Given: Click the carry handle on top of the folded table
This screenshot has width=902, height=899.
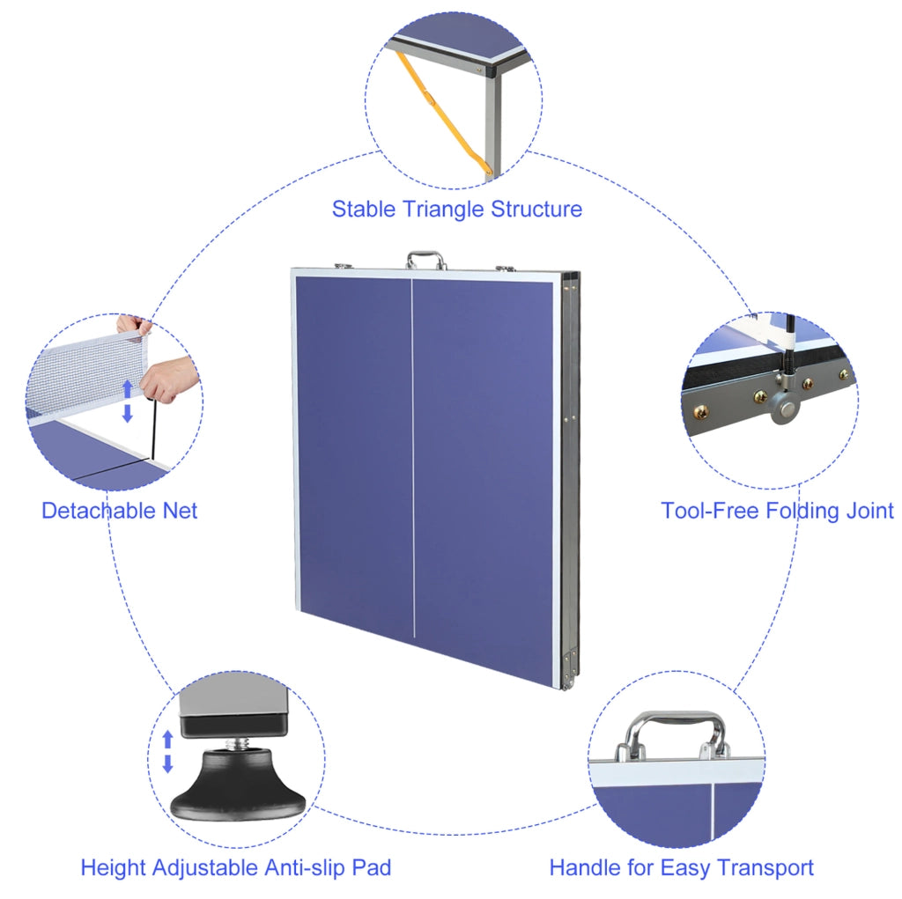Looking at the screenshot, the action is (426, 260).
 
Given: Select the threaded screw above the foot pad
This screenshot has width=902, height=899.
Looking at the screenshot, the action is (236, 742).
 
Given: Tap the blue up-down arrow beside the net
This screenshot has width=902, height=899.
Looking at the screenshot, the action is (128, 401).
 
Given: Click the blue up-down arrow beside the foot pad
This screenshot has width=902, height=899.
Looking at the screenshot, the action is (168, 752).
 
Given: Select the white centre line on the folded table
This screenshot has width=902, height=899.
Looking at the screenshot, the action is (413, 459).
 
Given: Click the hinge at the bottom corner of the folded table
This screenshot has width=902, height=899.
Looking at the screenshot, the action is (570, 668).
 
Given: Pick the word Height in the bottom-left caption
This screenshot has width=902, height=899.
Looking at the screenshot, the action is (110, 867).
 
